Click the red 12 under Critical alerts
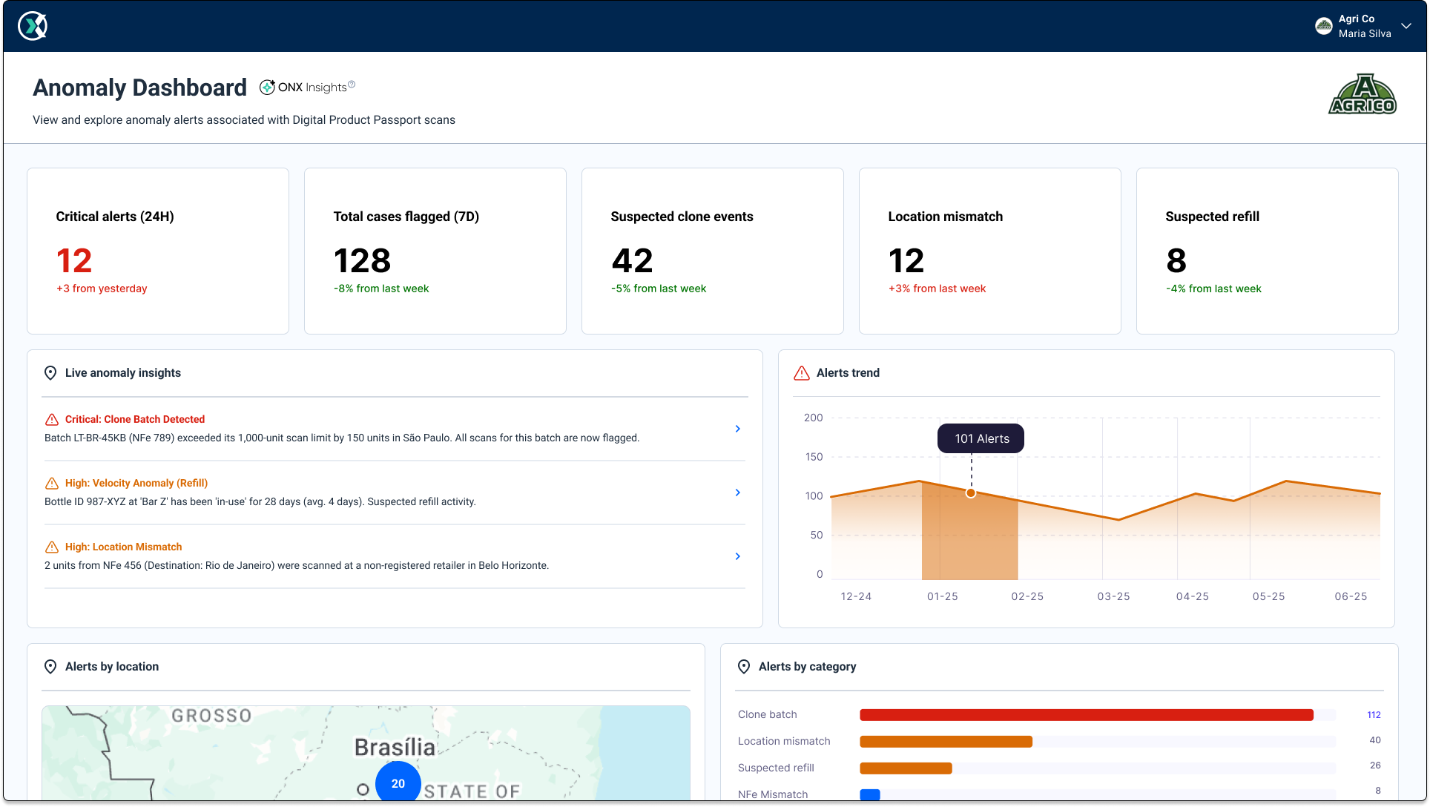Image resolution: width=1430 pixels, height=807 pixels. point(74,261)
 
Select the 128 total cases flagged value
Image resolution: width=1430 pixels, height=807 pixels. point(362,261)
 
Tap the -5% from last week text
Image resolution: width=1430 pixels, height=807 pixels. point(659,289)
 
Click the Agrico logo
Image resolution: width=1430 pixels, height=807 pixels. point(1362,94)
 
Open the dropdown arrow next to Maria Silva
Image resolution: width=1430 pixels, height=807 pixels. point(1406,26)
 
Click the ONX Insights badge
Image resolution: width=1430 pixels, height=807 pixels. point(308,87)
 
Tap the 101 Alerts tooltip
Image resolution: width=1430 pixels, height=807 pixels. point(981,438)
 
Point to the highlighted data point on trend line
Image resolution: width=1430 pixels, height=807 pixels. point(970,493)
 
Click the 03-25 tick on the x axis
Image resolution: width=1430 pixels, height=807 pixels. point(1113,596)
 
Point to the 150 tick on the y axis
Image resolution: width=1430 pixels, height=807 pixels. point(814,457)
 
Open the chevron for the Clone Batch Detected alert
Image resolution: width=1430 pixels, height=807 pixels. point(737,429)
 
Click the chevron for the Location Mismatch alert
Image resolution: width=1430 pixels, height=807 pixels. point(737,556)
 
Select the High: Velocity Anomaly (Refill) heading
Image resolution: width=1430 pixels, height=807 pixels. point(136,483)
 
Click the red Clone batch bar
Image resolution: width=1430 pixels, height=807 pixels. point(1086,715)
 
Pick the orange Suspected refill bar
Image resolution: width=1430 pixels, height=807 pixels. point(906,768)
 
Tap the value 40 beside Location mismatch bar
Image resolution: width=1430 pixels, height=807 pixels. point(1374,740)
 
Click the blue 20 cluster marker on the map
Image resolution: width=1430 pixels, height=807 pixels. point(398,783)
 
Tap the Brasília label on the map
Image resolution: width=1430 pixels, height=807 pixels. point(395,747)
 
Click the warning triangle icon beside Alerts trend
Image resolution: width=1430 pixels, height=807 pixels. point(801,373)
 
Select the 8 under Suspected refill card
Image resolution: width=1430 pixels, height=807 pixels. point(1176,261)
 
